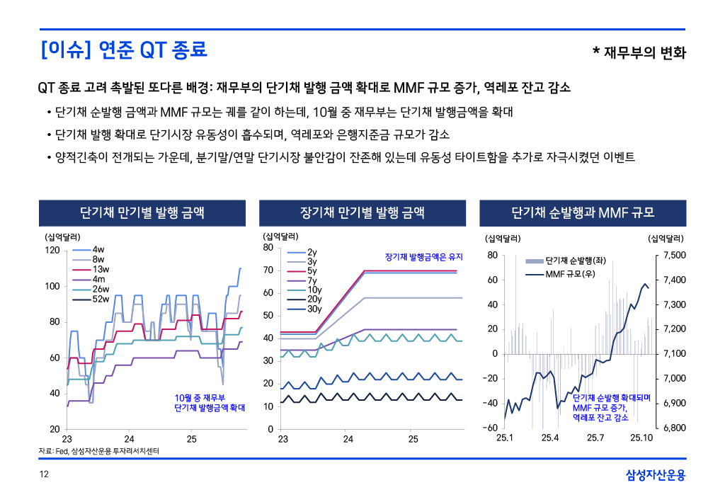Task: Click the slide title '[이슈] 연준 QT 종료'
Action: (x=124, y=50)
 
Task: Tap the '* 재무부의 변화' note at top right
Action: (x=639, y=52)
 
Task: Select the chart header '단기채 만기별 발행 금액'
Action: (x=142, y=212)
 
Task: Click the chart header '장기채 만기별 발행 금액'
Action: (x=362, y=212)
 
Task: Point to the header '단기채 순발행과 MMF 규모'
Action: (x=583, y=212)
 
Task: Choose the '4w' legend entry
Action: (x=98, y=250)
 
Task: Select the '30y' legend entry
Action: (x=314, y=309)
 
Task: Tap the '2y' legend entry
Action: (x=312, y=252)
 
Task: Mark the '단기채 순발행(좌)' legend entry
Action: (x=574, y=261)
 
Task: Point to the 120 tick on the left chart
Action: (x=52, y=250)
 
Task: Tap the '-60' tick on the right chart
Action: (x=490, y=428)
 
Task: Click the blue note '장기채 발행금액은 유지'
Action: (x=423, y=256)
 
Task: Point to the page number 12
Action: (x=43, y=475)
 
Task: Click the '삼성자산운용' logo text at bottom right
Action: (x=656, y=475)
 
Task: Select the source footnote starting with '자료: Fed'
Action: (x=98, y=451)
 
